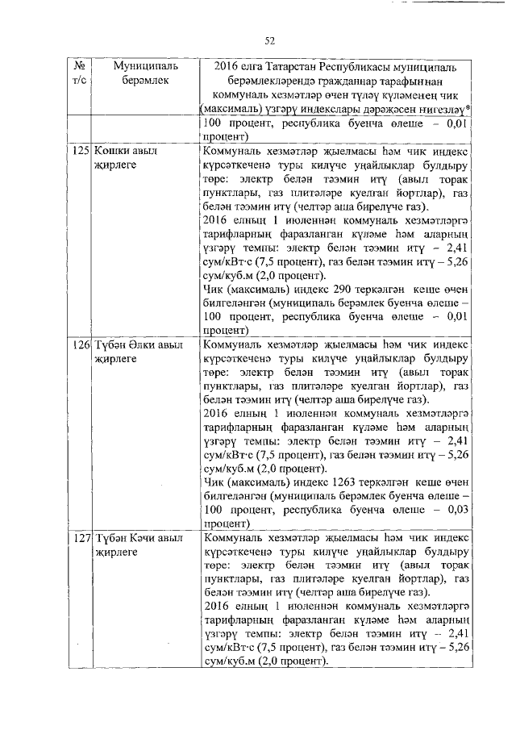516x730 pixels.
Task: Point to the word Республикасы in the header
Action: [x=372, y=65]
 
